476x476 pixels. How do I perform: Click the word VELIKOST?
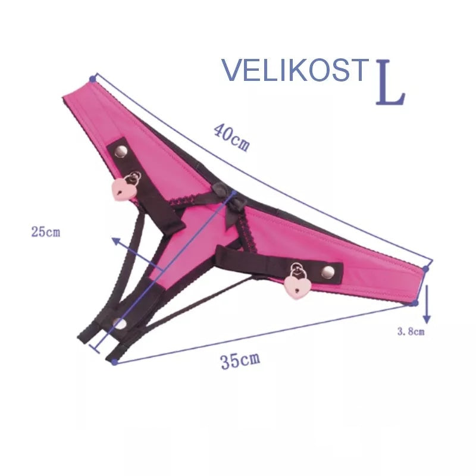(x=295, y=70)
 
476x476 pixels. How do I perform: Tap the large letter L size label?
(x=390, y=83)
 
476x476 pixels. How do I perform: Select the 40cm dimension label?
(x=231, y=137)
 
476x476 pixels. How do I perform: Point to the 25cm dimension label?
(x=46, y=232)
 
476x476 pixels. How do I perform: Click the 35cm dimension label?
(x=240, y=361)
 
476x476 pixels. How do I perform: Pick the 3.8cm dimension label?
(x=411, y=331)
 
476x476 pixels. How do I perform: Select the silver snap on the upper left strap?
(x=121, y=151)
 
